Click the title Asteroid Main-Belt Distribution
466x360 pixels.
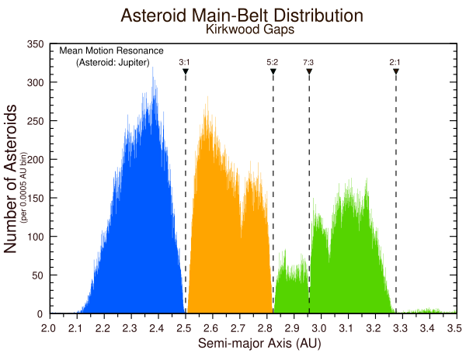point(242,16)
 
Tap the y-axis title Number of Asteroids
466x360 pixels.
point(12,181)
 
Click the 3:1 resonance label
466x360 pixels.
point(185,61)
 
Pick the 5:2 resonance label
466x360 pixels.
point(272,61)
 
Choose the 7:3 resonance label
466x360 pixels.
point(308,61)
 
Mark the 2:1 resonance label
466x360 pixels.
point(395,61)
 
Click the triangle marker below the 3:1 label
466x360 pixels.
point(186,71)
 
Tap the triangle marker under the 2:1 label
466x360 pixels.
point(396,71)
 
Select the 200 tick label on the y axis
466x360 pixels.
point(35,160)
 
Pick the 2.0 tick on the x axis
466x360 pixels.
point(48,329)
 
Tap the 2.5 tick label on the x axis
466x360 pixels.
point(184,329)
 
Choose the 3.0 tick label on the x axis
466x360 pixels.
point(320,329)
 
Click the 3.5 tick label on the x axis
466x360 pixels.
point(455,329)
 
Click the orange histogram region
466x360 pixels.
point(225,233)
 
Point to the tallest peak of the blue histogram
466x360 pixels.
point(153,67)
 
